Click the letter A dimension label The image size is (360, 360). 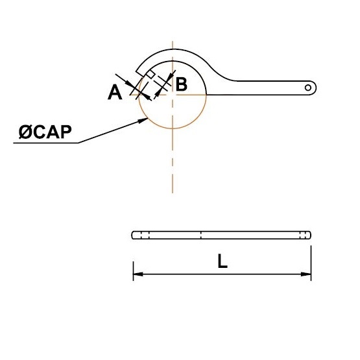[x=115, y=92]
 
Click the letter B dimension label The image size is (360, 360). [x=182, y=84]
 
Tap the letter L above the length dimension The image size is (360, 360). [x=222, y=261]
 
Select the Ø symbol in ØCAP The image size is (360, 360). [x=25, y=132]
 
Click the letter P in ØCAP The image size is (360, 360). [x=66, y=132]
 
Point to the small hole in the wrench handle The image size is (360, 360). [x=308, y=88]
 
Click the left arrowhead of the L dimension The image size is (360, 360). [x=138, y=274]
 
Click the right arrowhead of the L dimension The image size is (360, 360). [x=306, y=274]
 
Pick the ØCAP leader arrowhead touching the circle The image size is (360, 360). [x=143, y=120]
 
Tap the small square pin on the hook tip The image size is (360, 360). [x=150, y=74]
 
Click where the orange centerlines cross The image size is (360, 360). [x=173, y=94]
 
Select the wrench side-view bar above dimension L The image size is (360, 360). [x=221, y=235]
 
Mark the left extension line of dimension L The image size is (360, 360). [x=133, y=271]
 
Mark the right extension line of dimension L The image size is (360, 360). [x=311, y=263]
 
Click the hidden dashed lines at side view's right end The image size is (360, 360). [x=304, y=235]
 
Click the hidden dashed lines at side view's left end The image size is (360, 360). [x=145, y=235]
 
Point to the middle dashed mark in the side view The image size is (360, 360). [x=201, y=235]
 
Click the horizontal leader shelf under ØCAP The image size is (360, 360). [x=45, y=143]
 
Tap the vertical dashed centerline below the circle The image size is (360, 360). [x=173, y=161]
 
